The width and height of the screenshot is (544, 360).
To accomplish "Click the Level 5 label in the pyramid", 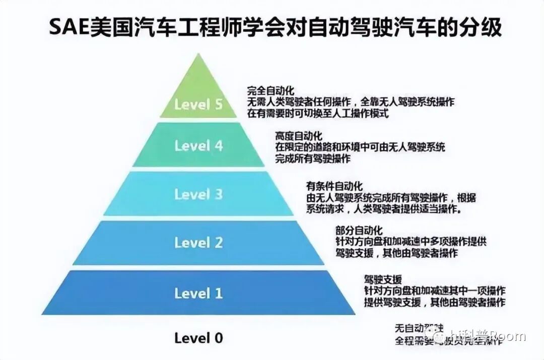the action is pos(198,105).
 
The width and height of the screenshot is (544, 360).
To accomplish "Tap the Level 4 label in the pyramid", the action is pos(198,146).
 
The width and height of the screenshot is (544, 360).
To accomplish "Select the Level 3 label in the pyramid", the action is pos(198,194).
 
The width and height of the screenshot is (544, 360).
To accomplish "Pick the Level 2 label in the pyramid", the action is pos(198,243).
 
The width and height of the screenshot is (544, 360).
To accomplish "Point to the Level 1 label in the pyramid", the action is pos(198,293).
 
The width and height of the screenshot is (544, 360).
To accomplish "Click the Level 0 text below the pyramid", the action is pos(198,338).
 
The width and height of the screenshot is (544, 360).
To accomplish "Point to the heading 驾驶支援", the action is pos(383,279).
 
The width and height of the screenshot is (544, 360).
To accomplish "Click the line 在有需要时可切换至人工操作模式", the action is pos(318,113).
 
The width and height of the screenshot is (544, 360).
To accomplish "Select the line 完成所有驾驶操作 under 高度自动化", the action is pos(313,159).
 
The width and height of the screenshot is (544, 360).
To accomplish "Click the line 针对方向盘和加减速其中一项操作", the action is pos(435,291).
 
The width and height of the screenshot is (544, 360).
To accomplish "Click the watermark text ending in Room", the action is pos(481,336).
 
